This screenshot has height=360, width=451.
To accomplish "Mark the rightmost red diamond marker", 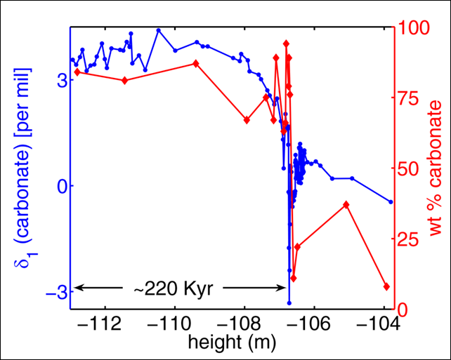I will [x=386, y=286].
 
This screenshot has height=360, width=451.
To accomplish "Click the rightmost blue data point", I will [x=391, y=201].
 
